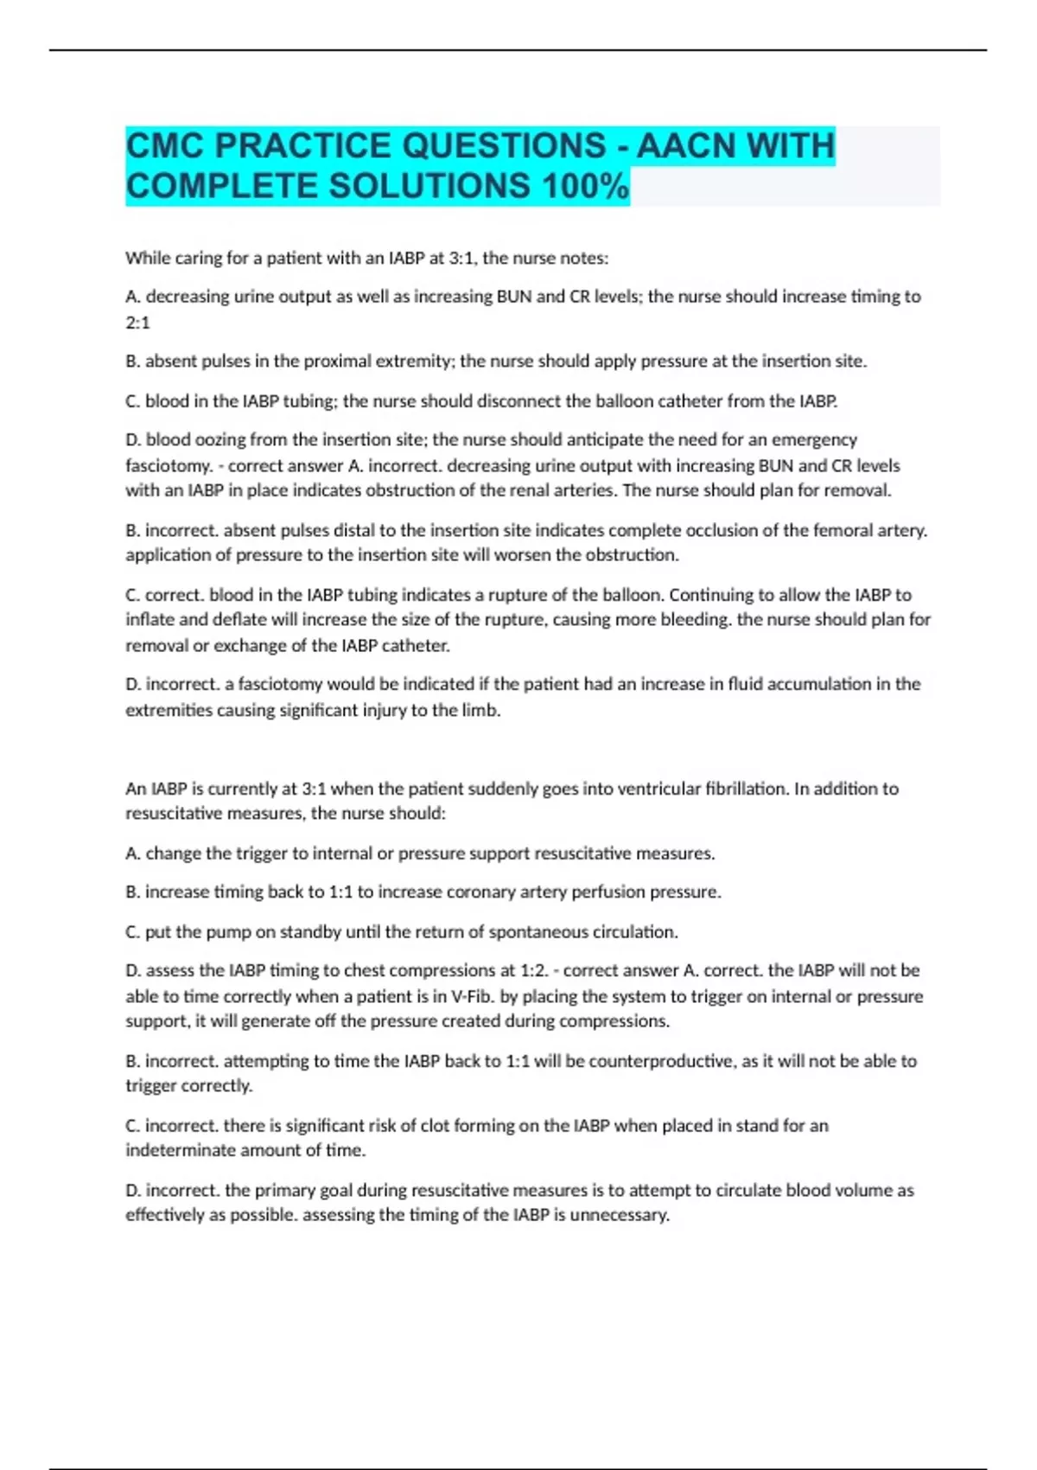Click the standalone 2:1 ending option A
click(x=137, y=323)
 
